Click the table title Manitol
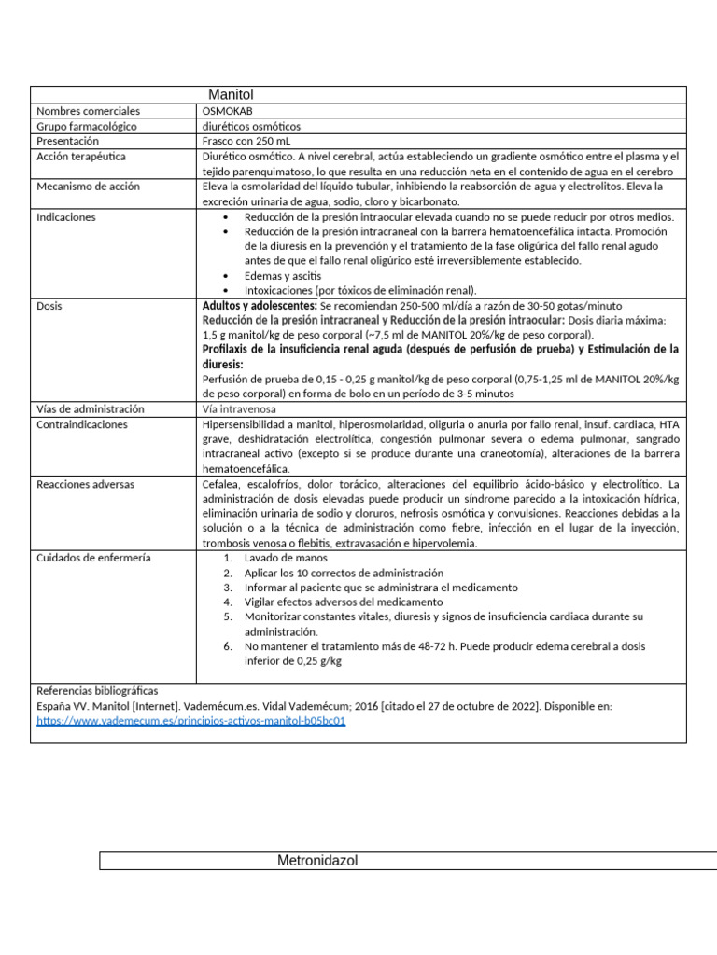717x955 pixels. tap(231, 95)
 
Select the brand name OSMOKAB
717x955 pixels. tap(228, 111)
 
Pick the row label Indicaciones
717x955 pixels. tap(66, 217)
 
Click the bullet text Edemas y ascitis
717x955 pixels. tap(283, 276)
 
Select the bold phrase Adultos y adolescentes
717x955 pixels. tap(259, 306)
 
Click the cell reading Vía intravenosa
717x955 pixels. tap(238, 409)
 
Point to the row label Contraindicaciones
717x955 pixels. tap(83, 424)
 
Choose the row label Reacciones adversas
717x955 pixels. tap(86, 485)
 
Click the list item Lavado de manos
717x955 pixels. tap(280, 558)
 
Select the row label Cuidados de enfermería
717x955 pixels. tap(93, 558)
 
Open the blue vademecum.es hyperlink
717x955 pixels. tap(191, 721)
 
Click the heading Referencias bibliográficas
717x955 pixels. tap(97, 691)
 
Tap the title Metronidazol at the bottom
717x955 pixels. tap(317, 861)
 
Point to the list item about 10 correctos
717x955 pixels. tap(344, 573)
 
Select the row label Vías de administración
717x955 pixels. tap(91, 409)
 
